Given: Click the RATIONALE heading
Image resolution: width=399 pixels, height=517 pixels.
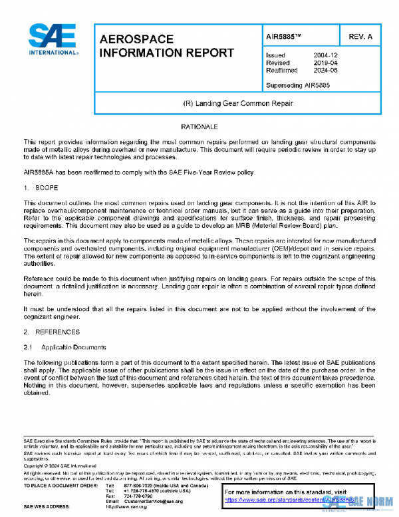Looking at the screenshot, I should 199,126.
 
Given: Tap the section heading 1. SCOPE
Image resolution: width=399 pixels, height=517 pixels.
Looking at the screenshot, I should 39,188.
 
